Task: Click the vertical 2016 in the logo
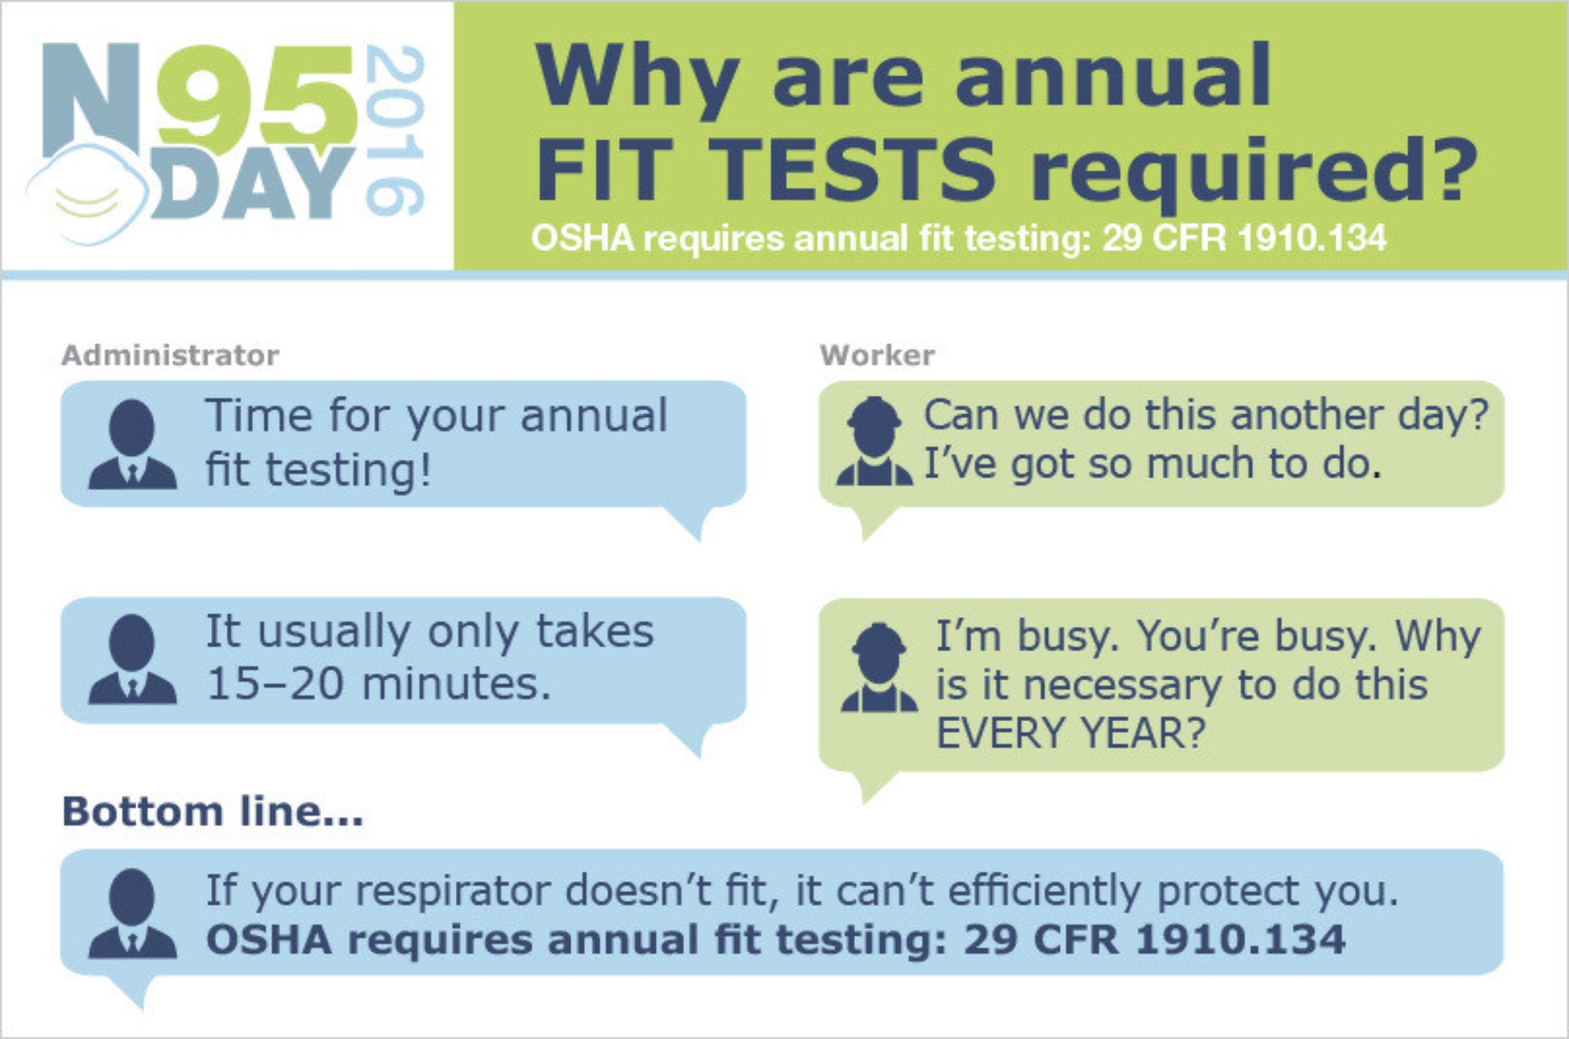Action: pyautogui.click(x=395, y=130)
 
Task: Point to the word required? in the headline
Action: pyautogui.click(x=1254, y=173)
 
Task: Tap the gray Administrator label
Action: pyautogui.click(x=170, y=355)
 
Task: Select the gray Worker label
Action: pyautogui.click(x=877, y=355)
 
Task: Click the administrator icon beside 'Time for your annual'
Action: pyautogui.click(x=132, y=444)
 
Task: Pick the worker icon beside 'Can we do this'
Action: pyautogui.click(x=874, y=441)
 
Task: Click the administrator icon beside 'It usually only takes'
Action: pyautogui.click(x=132, y=659)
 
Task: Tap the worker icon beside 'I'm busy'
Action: pyautogui.click(x=879, y=667)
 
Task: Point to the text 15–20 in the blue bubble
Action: pyautogui.click(x=275, y=684)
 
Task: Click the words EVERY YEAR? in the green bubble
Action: pyautogui.click(x=1071, y=734)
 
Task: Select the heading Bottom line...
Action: pyautogui.click(x=213, y=811)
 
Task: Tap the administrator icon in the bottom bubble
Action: pyautogui.click(x=132, y=913)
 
